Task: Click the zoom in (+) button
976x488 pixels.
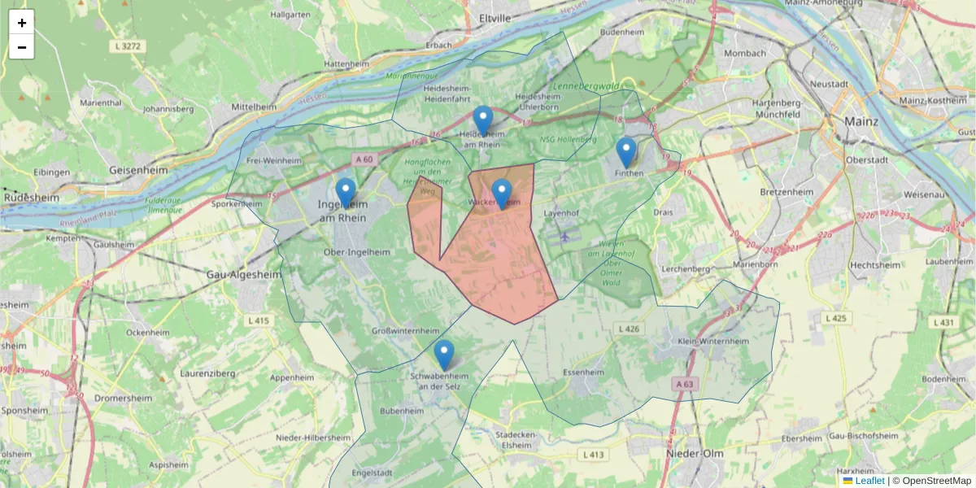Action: tap(22, 22)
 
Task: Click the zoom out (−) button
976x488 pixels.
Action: tap(22, 47)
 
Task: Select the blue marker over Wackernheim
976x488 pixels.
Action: tap(501, 194)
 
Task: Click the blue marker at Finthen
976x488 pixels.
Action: tap(625, 152)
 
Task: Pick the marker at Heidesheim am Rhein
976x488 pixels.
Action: tap(483, 120)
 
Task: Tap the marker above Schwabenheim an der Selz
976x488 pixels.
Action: tap(443, 355)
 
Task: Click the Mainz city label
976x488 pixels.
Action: tap(861, 121)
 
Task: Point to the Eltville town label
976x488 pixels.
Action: tap(495, 16)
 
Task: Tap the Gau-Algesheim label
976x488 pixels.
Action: tap(244, 274)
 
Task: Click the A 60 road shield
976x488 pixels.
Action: tap(363, 159)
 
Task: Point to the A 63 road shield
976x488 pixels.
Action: tap(685, 383)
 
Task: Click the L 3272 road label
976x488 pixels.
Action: tap(128, 46)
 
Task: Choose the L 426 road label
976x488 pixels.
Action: tap(629, 329)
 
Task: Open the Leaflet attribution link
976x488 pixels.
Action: tap(869, 481)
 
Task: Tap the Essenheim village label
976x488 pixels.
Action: tap(583, 373)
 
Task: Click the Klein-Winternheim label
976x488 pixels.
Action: tap(712, 342)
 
